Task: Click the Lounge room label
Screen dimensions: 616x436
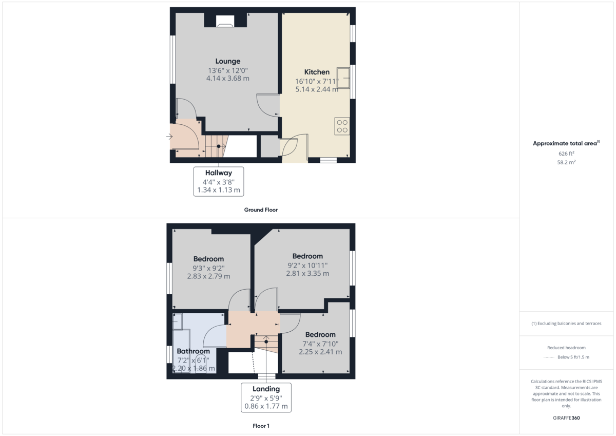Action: [x=228, y=61]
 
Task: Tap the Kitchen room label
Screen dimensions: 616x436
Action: [x=317, y=72]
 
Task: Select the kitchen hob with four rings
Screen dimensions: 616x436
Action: [x=342, y=126]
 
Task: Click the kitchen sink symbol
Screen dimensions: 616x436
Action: [x=343, y=78]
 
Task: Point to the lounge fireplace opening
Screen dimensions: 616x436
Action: [x=225, y=21]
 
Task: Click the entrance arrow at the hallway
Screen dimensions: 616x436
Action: [x=169, y=137]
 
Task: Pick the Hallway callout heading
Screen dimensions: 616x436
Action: [x=219, y=173]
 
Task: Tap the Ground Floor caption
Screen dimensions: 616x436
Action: [x=261, y=210]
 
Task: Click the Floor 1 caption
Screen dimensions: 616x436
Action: [x=261, y=426]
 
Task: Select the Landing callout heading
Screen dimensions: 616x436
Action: [x=266, y=389]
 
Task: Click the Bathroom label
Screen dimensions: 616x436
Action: [x=194, y=351]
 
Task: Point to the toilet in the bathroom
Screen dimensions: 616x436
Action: [x=201, y=363]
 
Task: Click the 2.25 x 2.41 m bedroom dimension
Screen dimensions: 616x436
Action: [x=320, y=352]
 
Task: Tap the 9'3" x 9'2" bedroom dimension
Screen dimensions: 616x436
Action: [x=209, y=268]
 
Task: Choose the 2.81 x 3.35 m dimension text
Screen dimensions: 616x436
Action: [x=307, y=273]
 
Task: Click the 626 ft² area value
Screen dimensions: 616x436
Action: [x=566, y=154]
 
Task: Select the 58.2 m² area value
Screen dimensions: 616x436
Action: [x=566, y=162]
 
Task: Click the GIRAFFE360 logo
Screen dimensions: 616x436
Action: [x=566, y=418]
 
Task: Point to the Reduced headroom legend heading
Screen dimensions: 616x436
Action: [x=566, y=348]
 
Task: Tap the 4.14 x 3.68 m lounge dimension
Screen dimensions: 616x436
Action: [x=228, y=79]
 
